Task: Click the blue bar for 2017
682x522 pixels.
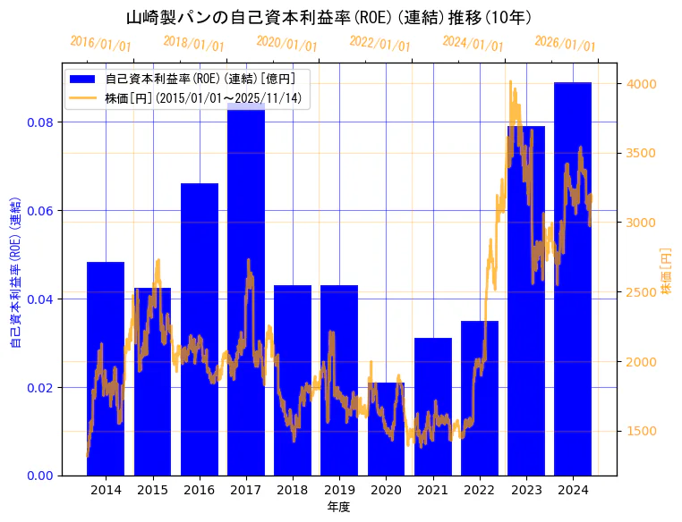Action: pos(246,295)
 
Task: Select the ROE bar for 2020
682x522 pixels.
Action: pos(386,429)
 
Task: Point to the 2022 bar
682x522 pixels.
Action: pos(480,398)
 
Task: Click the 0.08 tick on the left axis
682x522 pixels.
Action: pos(40,122)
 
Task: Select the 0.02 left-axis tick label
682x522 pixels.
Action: pos(40,387)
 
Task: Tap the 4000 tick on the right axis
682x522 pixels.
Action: pos(642,84)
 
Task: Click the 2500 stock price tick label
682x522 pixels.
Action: pos(642,292)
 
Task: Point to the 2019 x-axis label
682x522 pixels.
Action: pos(339,490)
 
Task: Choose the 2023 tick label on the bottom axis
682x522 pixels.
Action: pos(526,490)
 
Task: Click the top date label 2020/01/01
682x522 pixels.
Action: pos(286,44)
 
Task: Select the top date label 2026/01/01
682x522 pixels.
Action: pos(565,44)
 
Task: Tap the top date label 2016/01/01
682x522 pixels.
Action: pos(100,44)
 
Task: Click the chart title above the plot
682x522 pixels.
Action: pos(328,17)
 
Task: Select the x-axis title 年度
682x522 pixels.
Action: pos(338,507)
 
